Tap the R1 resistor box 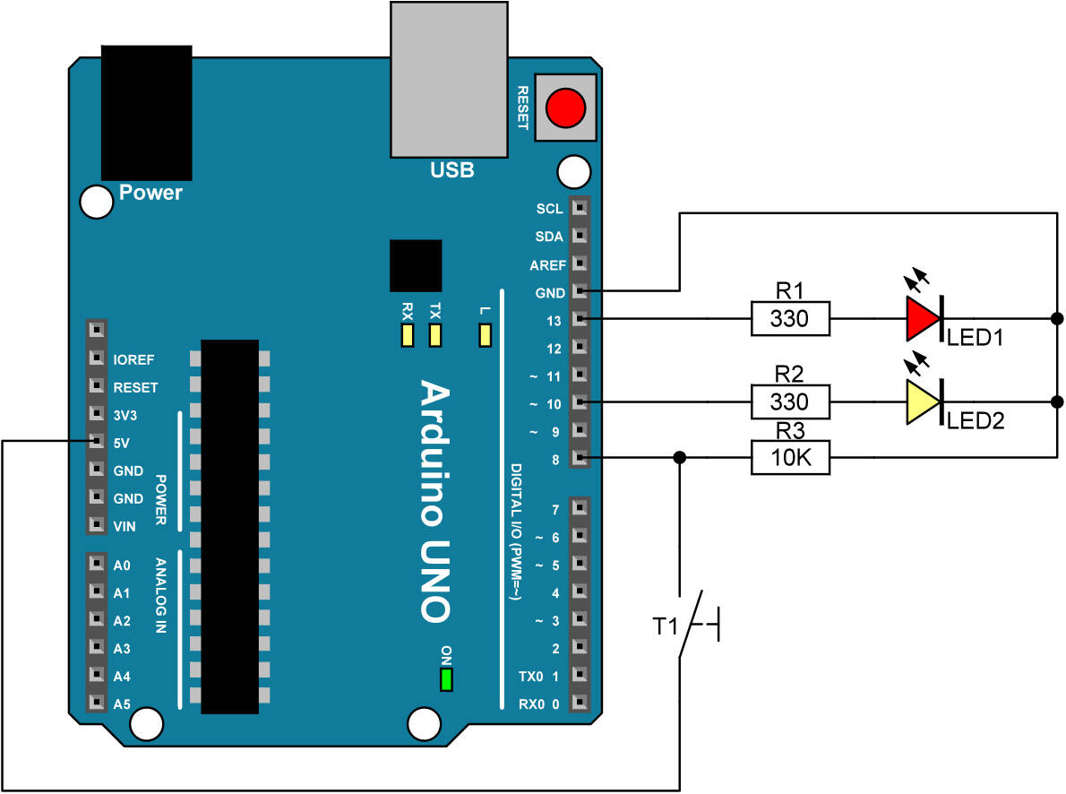(x=790, y=318)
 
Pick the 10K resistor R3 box (x=790, y=458)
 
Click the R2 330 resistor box (x=790, y=401)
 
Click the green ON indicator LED (x=445, y=679)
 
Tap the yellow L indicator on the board (x=486, y=335)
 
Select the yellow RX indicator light (x=408, y=335)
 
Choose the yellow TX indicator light (x=436, y=335)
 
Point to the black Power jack (x=146, y=112)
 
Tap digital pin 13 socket (x=580, y=320)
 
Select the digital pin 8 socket (x=580, y=458)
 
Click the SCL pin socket (x=580, y=209)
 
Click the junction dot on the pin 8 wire (x=680, y=458)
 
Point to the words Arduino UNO (x=435, y=501)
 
